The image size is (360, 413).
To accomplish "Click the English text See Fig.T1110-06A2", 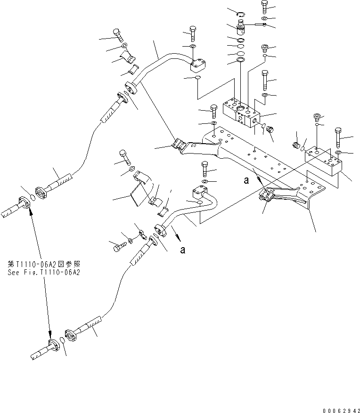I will pos(42,272).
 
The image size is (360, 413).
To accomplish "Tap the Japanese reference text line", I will pos(42,264).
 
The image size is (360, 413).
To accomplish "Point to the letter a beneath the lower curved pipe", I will pos(182,250).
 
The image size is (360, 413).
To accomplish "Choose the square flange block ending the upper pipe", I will pos(198,64).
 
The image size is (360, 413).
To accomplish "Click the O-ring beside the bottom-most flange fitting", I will pos(63,342).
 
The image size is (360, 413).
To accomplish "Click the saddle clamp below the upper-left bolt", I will pos(128,57).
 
